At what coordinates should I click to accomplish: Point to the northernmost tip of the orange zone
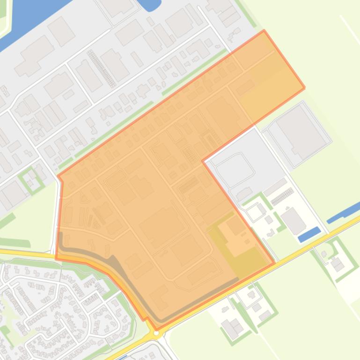coord(264,31)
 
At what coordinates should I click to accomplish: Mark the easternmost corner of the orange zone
coord(305,87)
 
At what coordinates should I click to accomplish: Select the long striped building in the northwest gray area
coord(101,68)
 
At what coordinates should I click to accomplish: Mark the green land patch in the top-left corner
coord(3,19)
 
